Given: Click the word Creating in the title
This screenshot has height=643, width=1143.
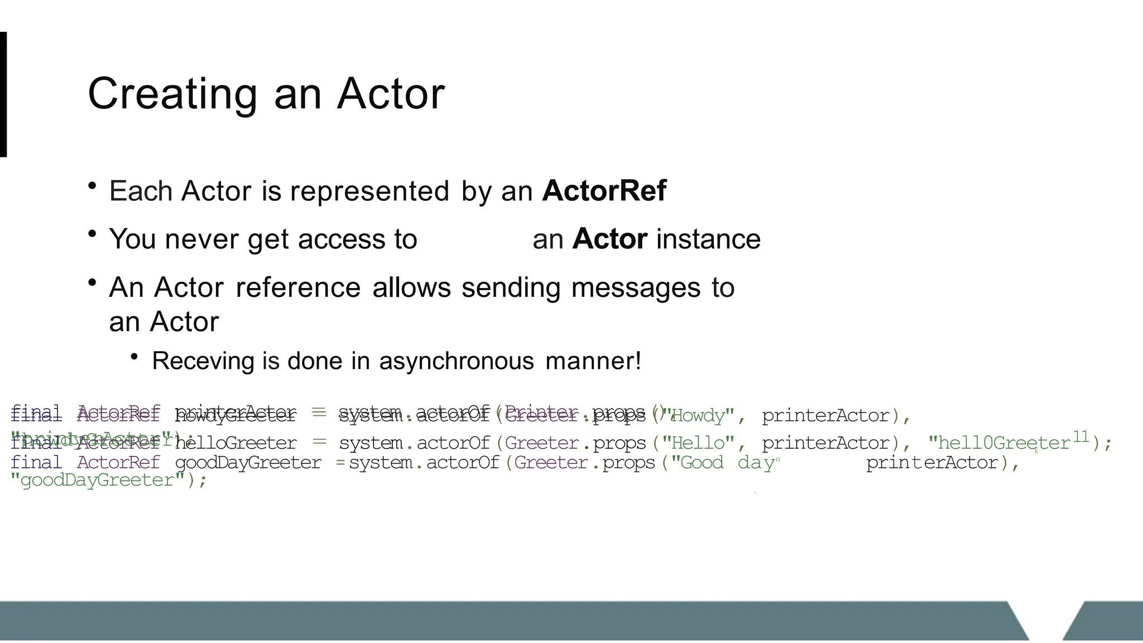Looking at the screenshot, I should point(172,94).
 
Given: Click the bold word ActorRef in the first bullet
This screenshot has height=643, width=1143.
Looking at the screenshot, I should point(604,191).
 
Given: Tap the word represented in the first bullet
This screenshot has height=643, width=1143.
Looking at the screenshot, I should point(369,191).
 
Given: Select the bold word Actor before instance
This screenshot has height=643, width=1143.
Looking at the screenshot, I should point(609,239).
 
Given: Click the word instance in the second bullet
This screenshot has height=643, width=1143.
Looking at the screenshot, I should point(708,239).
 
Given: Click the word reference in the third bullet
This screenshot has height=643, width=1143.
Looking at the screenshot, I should point(298,287).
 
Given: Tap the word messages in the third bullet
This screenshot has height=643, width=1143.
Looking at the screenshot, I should point(635,287).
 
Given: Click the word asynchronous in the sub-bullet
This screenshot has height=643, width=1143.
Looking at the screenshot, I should point(457,361).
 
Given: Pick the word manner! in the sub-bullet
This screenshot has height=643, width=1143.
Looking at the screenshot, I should point(593,361).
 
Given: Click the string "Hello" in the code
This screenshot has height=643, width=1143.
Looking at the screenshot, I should point(698,443).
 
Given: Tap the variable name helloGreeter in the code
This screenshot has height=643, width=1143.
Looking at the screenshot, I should point(236,443).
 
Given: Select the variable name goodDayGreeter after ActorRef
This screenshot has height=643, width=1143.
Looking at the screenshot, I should point(248,463).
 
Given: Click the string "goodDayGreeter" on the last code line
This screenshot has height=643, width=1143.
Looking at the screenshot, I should point(97,480).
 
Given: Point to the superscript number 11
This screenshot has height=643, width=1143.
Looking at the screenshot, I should point(1080,436).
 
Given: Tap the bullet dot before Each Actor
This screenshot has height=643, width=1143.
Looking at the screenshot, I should point(93,186).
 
